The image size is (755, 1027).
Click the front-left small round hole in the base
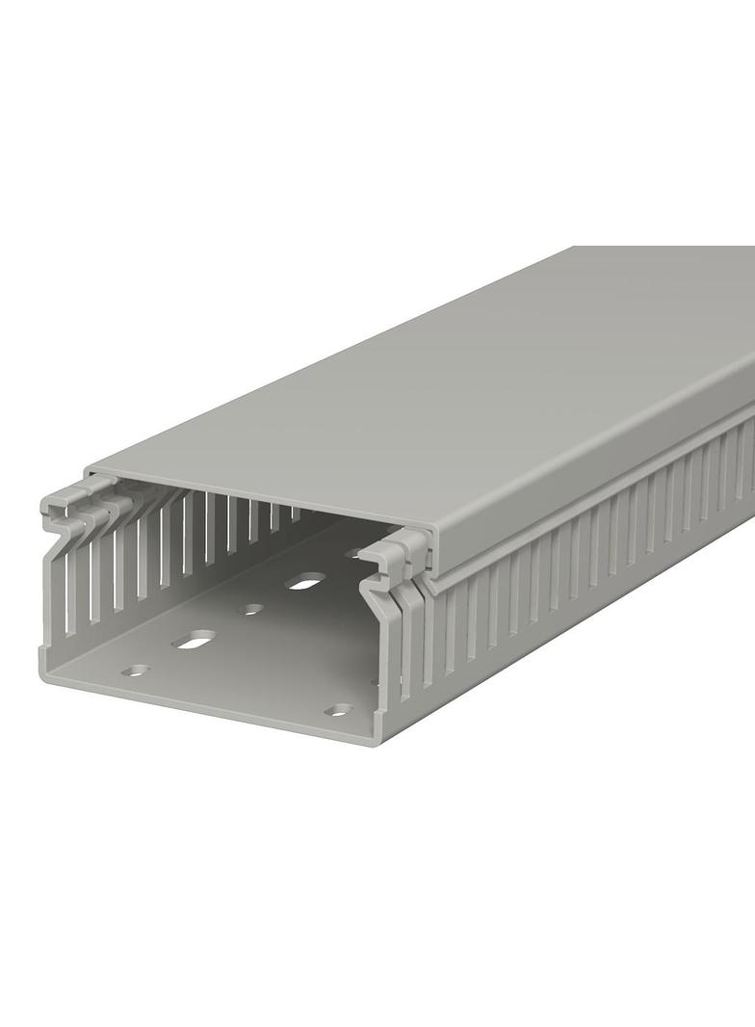(137, 670)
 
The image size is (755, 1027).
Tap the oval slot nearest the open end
(195, 639)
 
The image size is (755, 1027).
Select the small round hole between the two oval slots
(252, 609)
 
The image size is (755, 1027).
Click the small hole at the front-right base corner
(338, 710)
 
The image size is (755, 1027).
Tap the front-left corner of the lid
(89, 472)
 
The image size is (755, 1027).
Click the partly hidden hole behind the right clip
(354, 554)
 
